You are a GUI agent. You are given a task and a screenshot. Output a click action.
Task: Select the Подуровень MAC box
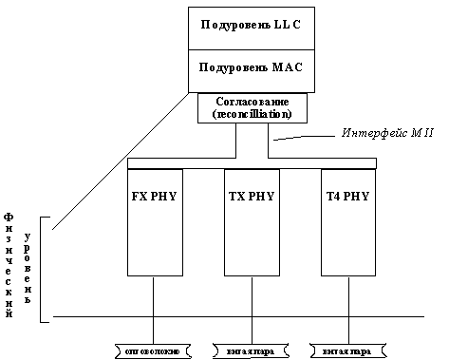pyautogui.click(x=251, y=71)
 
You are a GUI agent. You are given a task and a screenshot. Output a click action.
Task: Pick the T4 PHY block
pyautogui.click(x=348, y=228)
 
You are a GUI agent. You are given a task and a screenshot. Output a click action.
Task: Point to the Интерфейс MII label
pyautogui.click(x=387, y=132)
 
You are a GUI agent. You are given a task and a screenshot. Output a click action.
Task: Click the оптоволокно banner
pyautogui.click(x=154, y=351)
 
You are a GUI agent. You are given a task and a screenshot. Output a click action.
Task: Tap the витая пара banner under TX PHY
pyautogui.click(x=251, y=351)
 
